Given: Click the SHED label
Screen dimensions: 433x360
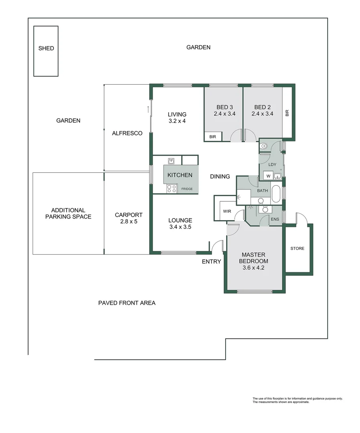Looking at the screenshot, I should coord(46,49).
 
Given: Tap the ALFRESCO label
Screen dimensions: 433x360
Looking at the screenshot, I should coord(127,133).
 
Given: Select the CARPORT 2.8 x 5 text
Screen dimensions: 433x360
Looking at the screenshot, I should coord(129,218).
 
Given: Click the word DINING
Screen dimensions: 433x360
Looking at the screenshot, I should coord(220,176).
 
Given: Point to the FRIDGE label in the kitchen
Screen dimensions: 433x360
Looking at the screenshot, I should coord(187,189).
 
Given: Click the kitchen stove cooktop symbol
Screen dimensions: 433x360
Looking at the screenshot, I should coord(172,188).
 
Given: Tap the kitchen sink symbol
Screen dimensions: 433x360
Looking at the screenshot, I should coord(172,161).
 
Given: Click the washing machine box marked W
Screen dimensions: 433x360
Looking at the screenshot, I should coord(267,176).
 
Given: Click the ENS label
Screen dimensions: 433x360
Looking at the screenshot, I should coord(274,219).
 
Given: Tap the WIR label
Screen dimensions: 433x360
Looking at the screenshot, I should coord(227,211).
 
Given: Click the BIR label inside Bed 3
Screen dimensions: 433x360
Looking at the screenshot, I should coord(212,137).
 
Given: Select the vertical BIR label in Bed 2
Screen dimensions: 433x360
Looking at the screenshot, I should coord(287,113).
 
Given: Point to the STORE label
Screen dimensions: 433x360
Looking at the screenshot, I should coord(297,249).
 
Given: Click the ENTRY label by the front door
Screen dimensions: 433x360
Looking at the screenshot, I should coord(211,262).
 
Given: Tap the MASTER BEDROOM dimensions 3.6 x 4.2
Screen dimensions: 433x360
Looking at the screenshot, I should coord(255,268).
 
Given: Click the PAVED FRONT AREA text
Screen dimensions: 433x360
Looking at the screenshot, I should coord(127,303).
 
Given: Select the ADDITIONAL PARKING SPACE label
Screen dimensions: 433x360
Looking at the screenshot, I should coord(68,213).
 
